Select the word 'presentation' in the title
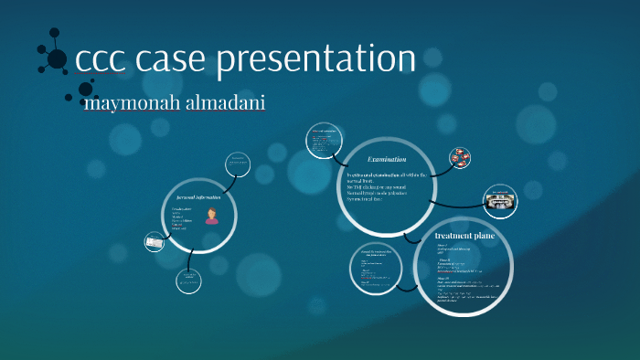click(x=316, y=59)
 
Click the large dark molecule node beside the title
click(x=57, y=59)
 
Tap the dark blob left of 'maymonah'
click(x=87, y=90)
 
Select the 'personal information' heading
click(x=198, y=196)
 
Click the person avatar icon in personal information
click(x=212, y=216)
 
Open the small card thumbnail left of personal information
click(x=155, y=242)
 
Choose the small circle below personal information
click(x=187, y=282)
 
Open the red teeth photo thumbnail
click(x=461, y=157)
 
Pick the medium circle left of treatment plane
click(x=376, y=271)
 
